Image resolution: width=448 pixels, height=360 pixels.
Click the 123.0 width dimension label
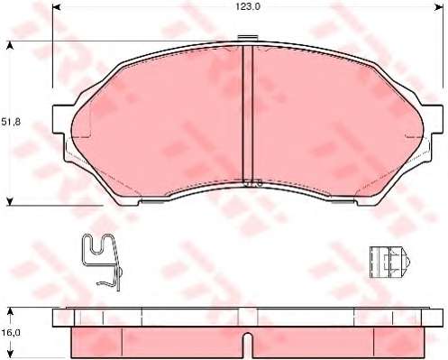click(247, 7)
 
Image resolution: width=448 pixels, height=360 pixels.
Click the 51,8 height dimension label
click(11, 122)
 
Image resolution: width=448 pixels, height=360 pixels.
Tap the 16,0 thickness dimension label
click(11, 333)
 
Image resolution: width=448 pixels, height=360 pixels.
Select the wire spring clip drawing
click(103, 262)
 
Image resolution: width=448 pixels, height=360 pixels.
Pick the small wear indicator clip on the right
click(390, 263)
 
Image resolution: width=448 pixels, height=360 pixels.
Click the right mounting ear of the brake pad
click(432, 119)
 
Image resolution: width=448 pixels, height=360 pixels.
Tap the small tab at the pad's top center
click(248, 38)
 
